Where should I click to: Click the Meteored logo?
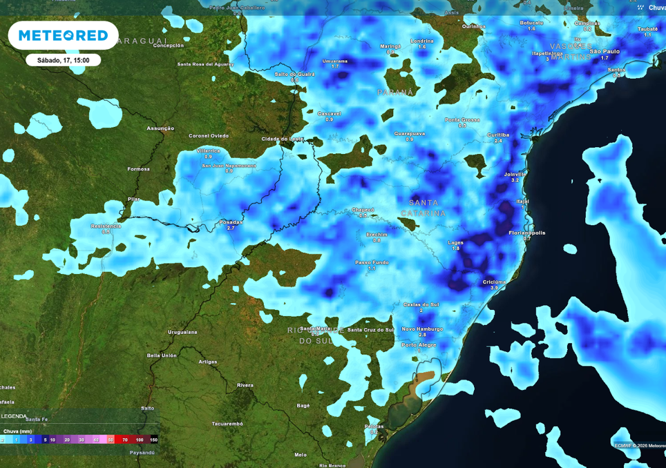click(63, 35)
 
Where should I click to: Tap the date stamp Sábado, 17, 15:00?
click(63, 60)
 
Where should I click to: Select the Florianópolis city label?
click(527, 233)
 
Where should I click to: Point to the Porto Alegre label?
click(419, 344)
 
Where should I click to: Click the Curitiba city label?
click(497, 135)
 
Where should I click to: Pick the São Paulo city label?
click(605, 51)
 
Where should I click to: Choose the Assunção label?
click(160, 128)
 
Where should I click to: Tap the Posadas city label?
click(231, 222)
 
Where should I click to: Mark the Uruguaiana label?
click(182, 332)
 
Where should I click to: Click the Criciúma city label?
click(494, 282)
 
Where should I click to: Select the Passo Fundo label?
click(372, 262)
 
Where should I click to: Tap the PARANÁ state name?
click(395, 92)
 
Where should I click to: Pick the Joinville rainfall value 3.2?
click(515, 180)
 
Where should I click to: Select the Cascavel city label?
click(329, 113)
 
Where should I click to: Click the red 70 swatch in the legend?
click(126, 439)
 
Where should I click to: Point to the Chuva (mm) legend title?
click(17, 431)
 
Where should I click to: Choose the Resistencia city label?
click(106, 226)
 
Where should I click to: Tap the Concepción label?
click(168, 45)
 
